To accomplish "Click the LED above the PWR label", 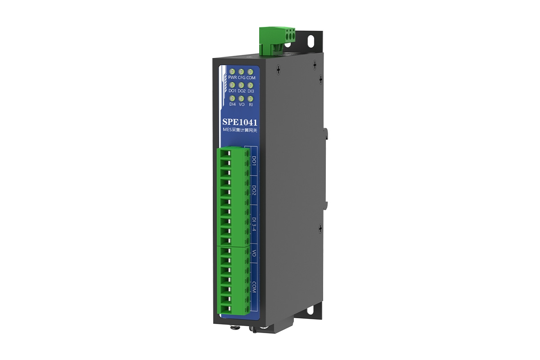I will [232, 72].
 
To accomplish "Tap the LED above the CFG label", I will [241, 72].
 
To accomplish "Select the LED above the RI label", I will [251, 98].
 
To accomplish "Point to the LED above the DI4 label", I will [232, 98].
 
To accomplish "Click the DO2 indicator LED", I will [241, 85].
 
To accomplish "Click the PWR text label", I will [232, 78].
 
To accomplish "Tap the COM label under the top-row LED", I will [251, 78].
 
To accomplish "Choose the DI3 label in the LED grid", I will [251, 91].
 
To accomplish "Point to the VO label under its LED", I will [242, 104].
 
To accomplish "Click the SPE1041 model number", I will [240, 121].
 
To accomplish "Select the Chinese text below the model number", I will [240, 130].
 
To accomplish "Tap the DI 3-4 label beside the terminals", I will [254, 224].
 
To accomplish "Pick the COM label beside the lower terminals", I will [254, 288].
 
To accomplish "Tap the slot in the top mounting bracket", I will [311, 40].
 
